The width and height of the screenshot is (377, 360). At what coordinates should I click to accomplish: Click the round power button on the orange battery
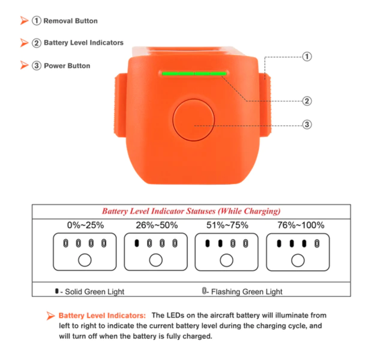click(193, 120)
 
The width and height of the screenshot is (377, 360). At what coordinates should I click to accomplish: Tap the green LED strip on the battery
click(194, 73)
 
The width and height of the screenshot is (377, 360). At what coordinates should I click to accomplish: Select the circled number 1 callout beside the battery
click(307, 57)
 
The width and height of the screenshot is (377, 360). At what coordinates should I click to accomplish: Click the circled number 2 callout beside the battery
click(307, 101)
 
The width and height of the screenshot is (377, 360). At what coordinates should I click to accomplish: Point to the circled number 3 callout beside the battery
click(307, 125)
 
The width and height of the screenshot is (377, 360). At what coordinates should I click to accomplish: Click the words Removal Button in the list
click(71, 21)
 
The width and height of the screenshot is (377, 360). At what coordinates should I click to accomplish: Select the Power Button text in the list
click(67, 66)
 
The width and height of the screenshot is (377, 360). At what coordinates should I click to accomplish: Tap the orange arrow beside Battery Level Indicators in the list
click(24, 42)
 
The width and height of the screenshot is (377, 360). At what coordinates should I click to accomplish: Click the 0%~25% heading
click(85, 225)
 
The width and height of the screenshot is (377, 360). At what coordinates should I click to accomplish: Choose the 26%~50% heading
click(157, 225)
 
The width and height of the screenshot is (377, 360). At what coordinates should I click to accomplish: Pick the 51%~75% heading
click(227, 225)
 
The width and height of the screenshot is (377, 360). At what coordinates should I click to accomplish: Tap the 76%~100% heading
click(301, 225)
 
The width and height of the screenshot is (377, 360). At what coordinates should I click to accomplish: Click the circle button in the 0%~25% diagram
click(85, 260)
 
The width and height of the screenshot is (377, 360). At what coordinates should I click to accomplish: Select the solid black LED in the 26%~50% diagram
click(137, 243)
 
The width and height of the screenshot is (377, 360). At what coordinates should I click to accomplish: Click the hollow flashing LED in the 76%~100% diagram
click(317, 244)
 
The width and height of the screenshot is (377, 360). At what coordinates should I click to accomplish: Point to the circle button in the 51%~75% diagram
click(226, 260)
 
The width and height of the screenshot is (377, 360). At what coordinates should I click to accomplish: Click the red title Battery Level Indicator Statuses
click(191, 211)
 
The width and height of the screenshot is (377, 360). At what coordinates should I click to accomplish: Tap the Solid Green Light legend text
click(94, 292)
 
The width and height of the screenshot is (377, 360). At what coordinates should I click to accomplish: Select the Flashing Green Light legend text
click(247, 292)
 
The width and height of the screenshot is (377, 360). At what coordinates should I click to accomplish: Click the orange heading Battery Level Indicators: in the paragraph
click(102, 316)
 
